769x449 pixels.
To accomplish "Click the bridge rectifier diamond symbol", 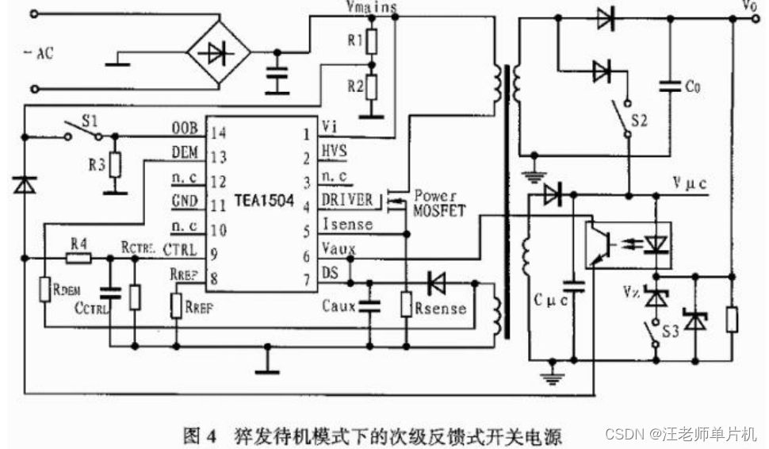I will pyautogui.click(x=218, y=54).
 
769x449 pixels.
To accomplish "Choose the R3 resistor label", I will pyautogui.click(x=95, y=166).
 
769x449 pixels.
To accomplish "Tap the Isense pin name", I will pyautogui.click(x=346, y=224).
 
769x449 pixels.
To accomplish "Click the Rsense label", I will pyautogui.click(x=440, y=308).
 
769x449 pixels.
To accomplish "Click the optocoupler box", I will pyautogui.click(x=626, y=243).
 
